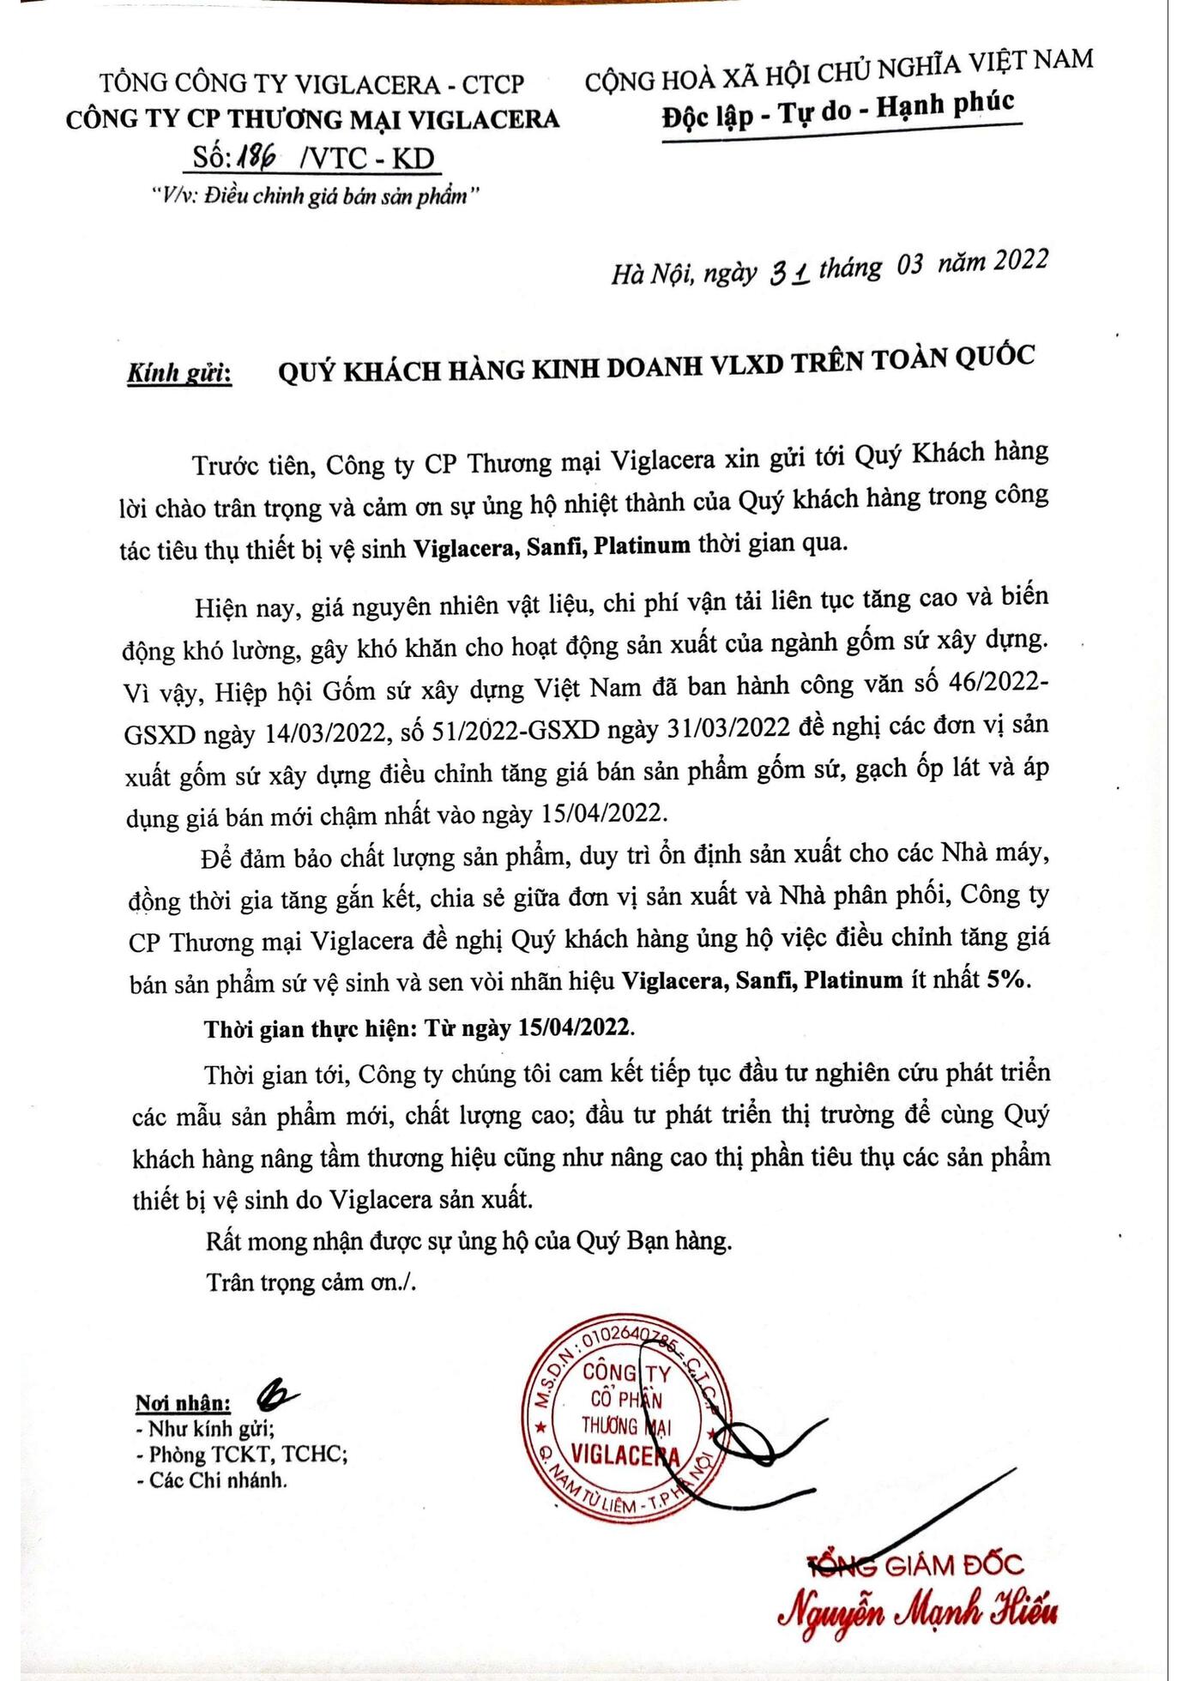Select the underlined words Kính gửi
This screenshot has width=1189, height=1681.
click(x=179, y=373)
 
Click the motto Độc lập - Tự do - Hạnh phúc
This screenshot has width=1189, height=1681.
click(x=838, y=111)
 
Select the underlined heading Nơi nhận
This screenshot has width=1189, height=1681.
click(x=183, y=1404)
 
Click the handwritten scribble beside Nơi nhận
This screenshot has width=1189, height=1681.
click(x=277, y=1396)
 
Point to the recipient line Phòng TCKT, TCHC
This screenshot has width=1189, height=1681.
click(x=242, y=1455)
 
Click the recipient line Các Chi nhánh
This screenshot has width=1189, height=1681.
click(x=212, y=1480)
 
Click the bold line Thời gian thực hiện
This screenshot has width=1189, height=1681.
click(x=419, y=1027)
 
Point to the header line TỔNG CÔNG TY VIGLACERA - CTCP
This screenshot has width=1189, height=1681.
click(x=311, y=83)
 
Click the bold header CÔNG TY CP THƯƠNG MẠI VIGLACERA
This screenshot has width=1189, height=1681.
click(x=313, y=119)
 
